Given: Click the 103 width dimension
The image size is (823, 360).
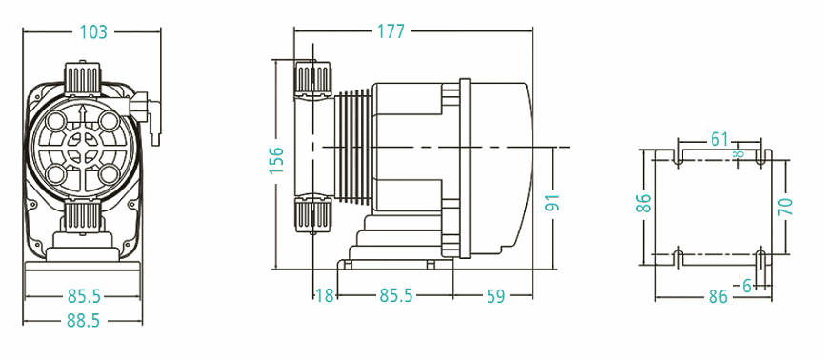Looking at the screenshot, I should (x=91, y=32).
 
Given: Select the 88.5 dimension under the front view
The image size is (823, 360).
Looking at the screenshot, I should (x=83, y=321).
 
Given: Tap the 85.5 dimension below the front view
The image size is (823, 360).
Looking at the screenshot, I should (x=83, y=296).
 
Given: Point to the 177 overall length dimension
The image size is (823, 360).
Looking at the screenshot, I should (x=390, y=31).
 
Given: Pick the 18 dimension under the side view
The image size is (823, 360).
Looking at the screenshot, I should (x=325, y=296).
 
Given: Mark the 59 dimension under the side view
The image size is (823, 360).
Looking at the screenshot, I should (x=495, y=296).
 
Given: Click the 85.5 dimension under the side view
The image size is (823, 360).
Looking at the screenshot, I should (x=395, y=296).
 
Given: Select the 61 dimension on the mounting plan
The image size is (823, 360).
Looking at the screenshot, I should (x=719, y=140).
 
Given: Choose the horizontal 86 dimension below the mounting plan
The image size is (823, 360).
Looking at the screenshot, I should (x=718, y=297).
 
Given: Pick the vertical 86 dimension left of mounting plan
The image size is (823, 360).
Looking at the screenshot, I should (x=644, y=203).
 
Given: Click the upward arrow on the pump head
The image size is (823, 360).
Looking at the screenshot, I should (x=83, y=118).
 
